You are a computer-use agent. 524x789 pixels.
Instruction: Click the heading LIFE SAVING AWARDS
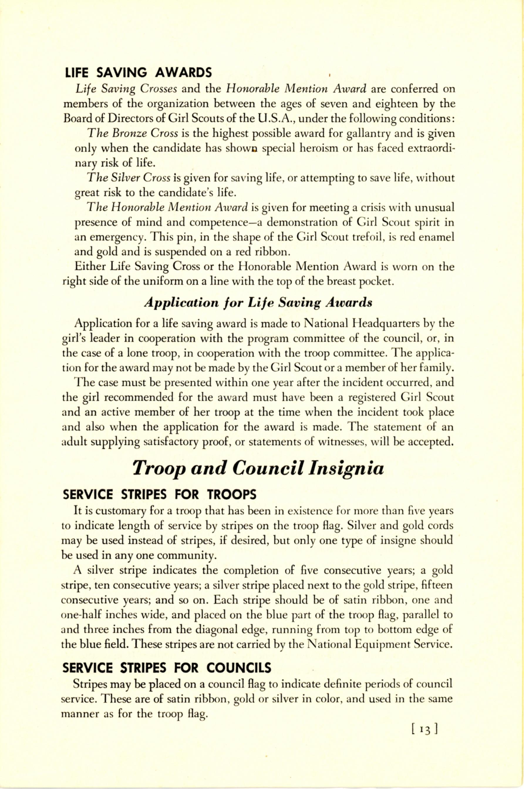tap(138, 72)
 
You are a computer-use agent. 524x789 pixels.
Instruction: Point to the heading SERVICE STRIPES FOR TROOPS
tap(160, 494)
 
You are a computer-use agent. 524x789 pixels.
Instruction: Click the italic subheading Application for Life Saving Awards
tap(258, 302)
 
